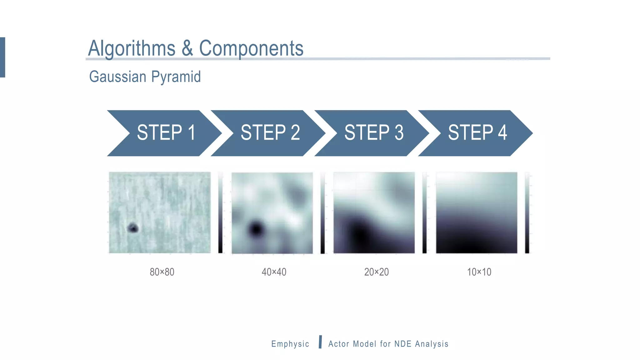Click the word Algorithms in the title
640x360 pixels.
pyautogui.click(x=132, y=49)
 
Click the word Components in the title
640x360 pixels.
pyautogui.click(x=251, y=49)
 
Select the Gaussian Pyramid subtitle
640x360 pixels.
pyautogui.click(x=145, y=77)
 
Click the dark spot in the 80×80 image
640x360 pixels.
pyautogui.click(x=133, y=228)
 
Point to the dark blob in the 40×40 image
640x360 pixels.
pyautogui.click(x=256, y=229)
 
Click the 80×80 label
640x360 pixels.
pyautogui.click(x=162, y=272)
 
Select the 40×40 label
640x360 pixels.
pyautogui.click(x=274, y=272)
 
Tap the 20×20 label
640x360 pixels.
pyautogui.click(x=376, y=272)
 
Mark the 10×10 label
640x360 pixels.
pyautogui.click(x=479, y=272)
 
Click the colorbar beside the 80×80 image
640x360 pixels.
pyautogui.click(x=220, y=212)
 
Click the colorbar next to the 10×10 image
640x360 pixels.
pyautogui.click(x=527, y=212)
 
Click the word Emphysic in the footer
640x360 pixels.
pyautogui.click(x=290, y=344)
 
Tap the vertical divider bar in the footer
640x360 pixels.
pyautogui.click(x=320, y=342)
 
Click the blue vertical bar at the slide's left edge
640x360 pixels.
pyautogui.click(x=2, y=57)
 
